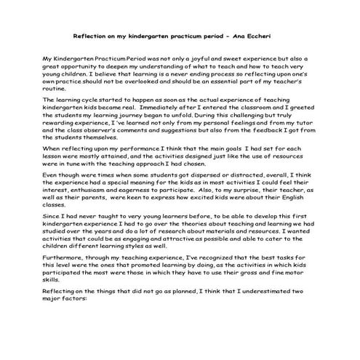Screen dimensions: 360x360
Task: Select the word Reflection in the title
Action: coord(91,35)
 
